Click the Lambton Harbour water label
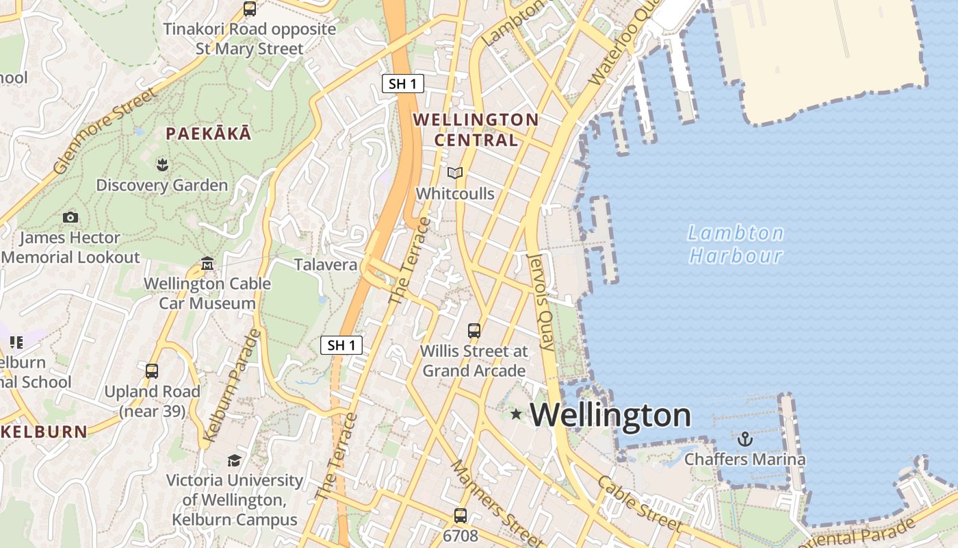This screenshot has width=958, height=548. click(x=736, y=244)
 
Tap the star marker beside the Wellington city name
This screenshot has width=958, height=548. click(x=516, y=414)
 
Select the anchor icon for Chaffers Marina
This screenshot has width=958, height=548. click(x=745, y=438)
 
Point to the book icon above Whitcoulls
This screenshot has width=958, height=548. click(x=455, y=173)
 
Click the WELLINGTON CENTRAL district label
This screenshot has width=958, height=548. click(x=476, y=129)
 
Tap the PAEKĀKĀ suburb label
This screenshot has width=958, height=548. click(x=209, y=134)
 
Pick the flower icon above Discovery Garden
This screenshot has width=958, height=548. click(x=162, y=164)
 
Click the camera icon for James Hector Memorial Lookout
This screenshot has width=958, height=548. click(x=70, y=217)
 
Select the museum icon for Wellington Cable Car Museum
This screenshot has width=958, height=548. click(x=207, y=264)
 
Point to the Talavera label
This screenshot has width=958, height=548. click(x=326, y=264)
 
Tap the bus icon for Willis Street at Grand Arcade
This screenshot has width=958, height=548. click(x=474, y=331)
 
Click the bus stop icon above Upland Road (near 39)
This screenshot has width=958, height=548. click(x=152, y=371)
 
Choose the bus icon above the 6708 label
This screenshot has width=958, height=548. click(x=461, y=515)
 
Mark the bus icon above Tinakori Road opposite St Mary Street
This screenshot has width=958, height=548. click(x=250, y=9)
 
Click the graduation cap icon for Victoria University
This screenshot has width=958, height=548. click(x=234, y=460)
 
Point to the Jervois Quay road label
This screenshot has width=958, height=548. click(x=541, y=301)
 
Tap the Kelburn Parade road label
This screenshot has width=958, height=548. click(x=233, y=384)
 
